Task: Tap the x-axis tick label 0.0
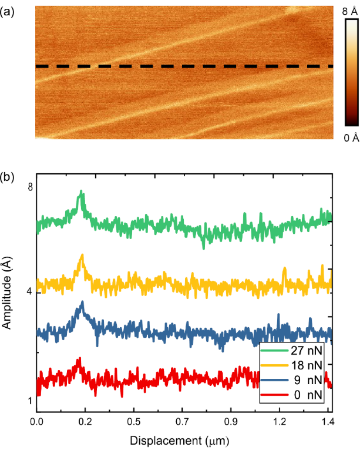37,422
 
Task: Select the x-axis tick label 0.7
183,422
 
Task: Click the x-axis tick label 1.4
328,422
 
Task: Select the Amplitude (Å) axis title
10,294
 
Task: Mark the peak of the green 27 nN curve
82,192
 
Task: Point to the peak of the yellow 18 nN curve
82,256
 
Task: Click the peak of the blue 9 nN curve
83,303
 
